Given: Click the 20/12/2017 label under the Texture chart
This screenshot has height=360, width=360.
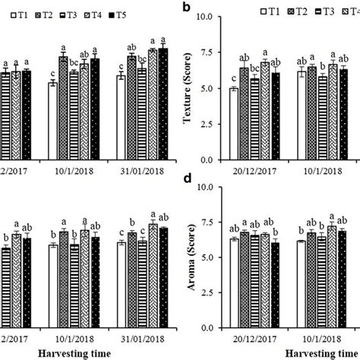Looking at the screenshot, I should (254, 172).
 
